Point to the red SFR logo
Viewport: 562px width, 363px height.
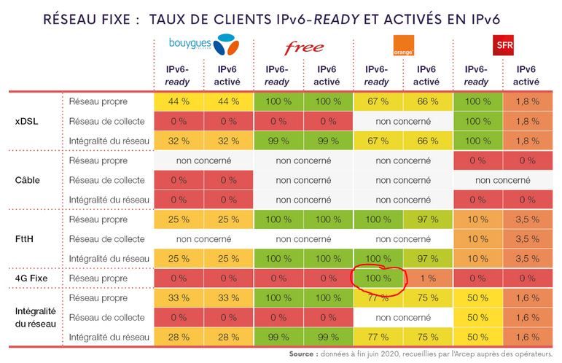click(501, 44)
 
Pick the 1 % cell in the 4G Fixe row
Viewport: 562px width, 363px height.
click(427, 278)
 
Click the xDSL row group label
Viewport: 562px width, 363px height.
click(26, 121)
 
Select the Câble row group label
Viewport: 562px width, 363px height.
click(27, 179)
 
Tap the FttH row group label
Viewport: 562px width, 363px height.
click(26, 238)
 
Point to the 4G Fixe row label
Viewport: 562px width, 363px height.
click(31, 278)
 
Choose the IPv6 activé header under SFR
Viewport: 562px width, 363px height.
click(526, 75)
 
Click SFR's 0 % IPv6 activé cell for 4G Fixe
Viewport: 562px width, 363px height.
click(526, 278)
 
